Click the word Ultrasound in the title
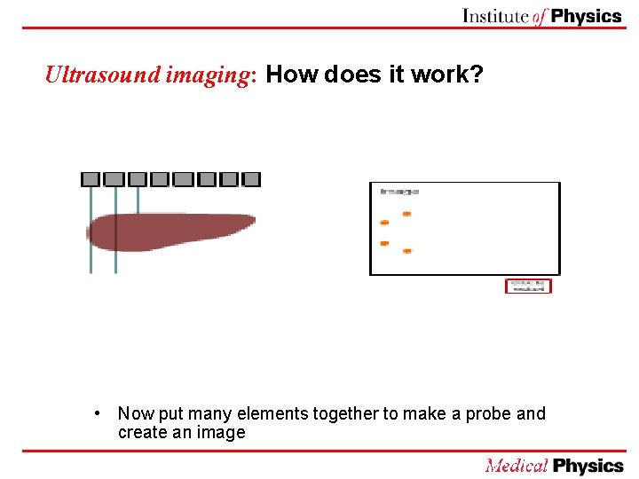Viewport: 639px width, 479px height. [102, 75]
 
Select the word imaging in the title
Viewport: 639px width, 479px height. [210, 75]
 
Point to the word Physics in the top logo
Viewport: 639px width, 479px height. [587, 16]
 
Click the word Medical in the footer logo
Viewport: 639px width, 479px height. [517, 466]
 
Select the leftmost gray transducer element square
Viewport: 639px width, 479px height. [91, 179]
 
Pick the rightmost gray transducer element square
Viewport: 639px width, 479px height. [251, 179]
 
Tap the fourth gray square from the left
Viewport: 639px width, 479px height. [160, 179]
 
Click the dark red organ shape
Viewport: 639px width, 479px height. [169, 230]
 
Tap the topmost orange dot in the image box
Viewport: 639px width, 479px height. [406, 214]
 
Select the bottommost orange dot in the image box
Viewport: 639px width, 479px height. [406, 251]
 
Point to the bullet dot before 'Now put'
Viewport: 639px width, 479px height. [104, 413]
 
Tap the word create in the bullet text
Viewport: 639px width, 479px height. [142, 433]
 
